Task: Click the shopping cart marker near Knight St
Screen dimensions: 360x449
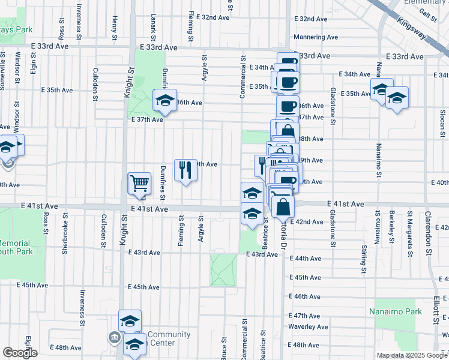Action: [x=139, y=183]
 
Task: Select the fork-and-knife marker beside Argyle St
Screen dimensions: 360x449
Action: [x=185, y=170]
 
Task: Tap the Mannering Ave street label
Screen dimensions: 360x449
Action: [x=316, y=37]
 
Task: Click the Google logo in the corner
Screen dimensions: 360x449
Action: [x=20, y=353]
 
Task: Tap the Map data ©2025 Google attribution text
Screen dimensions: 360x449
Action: [x=412, y=355]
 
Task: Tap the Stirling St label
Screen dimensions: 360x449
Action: [x=364, y=259]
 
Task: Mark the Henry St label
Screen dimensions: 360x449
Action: [x=114, y=25]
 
